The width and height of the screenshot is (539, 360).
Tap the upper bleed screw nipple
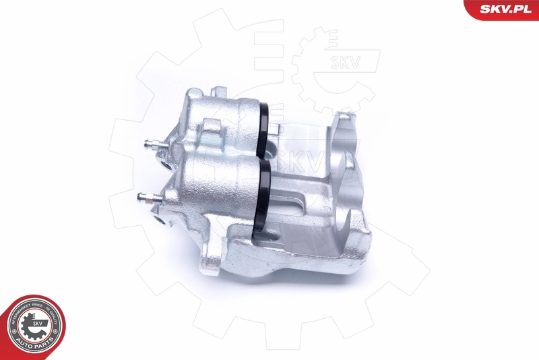tap(150, 144)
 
